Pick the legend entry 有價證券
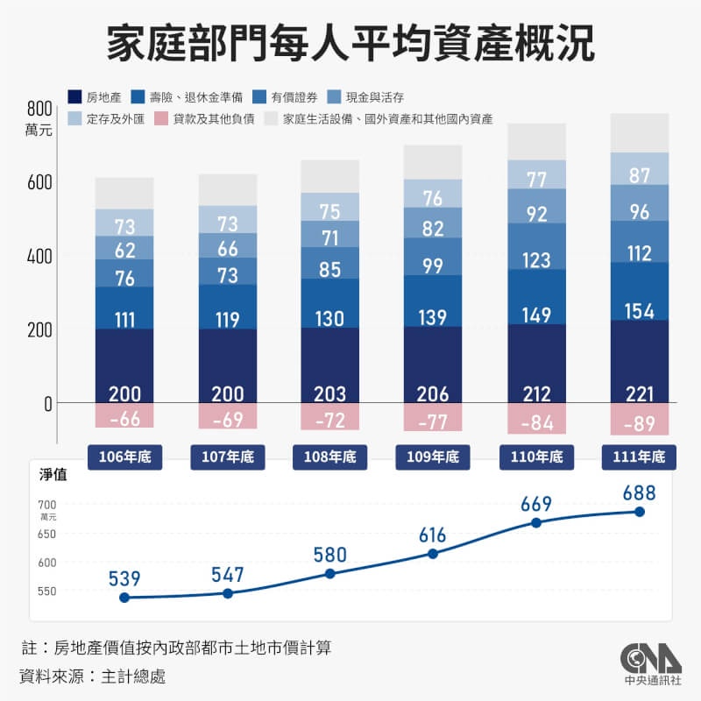[280, 96]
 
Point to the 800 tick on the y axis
[40, 109]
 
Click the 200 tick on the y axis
[40, 329]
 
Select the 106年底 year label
[124, 457]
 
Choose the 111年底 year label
[640, 457]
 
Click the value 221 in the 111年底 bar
[640, 393]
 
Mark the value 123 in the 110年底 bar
[536, 260]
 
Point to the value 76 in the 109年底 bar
[433, 198]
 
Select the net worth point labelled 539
[124, 598]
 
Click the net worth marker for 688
[640, 512]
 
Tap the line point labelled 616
[433, 554]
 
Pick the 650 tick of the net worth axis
[46, 534]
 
